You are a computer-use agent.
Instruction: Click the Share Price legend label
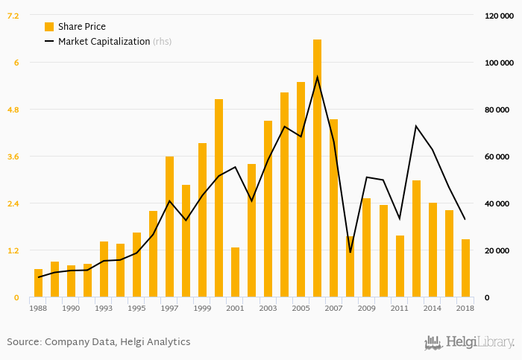coord(82,27)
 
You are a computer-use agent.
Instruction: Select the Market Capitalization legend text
coord(104,42)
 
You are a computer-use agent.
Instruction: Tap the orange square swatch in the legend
coord(49,27)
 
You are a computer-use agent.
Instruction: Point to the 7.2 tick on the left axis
coord(13,16)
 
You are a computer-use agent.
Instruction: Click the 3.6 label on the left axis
coord(13,157)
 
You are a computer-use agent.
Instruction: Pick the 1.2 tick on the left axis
coord(13,250)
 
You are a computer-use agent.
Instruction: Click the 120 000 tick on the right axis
coord(497,16)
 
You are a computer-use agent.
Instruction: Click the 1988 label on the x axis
coord(38,308)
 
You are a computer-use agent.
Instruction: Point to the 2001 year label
coord(235,308)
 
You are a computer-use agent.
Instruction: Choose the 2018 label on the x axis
coord(465,308)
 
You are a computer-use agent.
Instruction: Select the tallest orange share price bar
coord(317,168)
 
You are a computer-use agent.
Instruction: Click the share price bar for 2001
coord(235,272)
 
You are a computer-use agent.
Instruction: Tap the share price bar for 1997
coord(169,227)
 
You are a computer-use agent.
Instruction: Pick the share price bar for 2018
coord(465,268)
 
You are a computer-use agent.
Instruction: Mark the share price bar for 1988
coord(38,283)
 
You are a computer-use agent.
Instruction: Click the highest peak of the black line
coord(318,77)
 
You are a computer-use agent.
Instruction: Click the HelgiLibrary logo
coord(469,343)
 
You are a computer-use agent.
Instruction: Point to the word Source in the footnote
coord(22,342)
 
